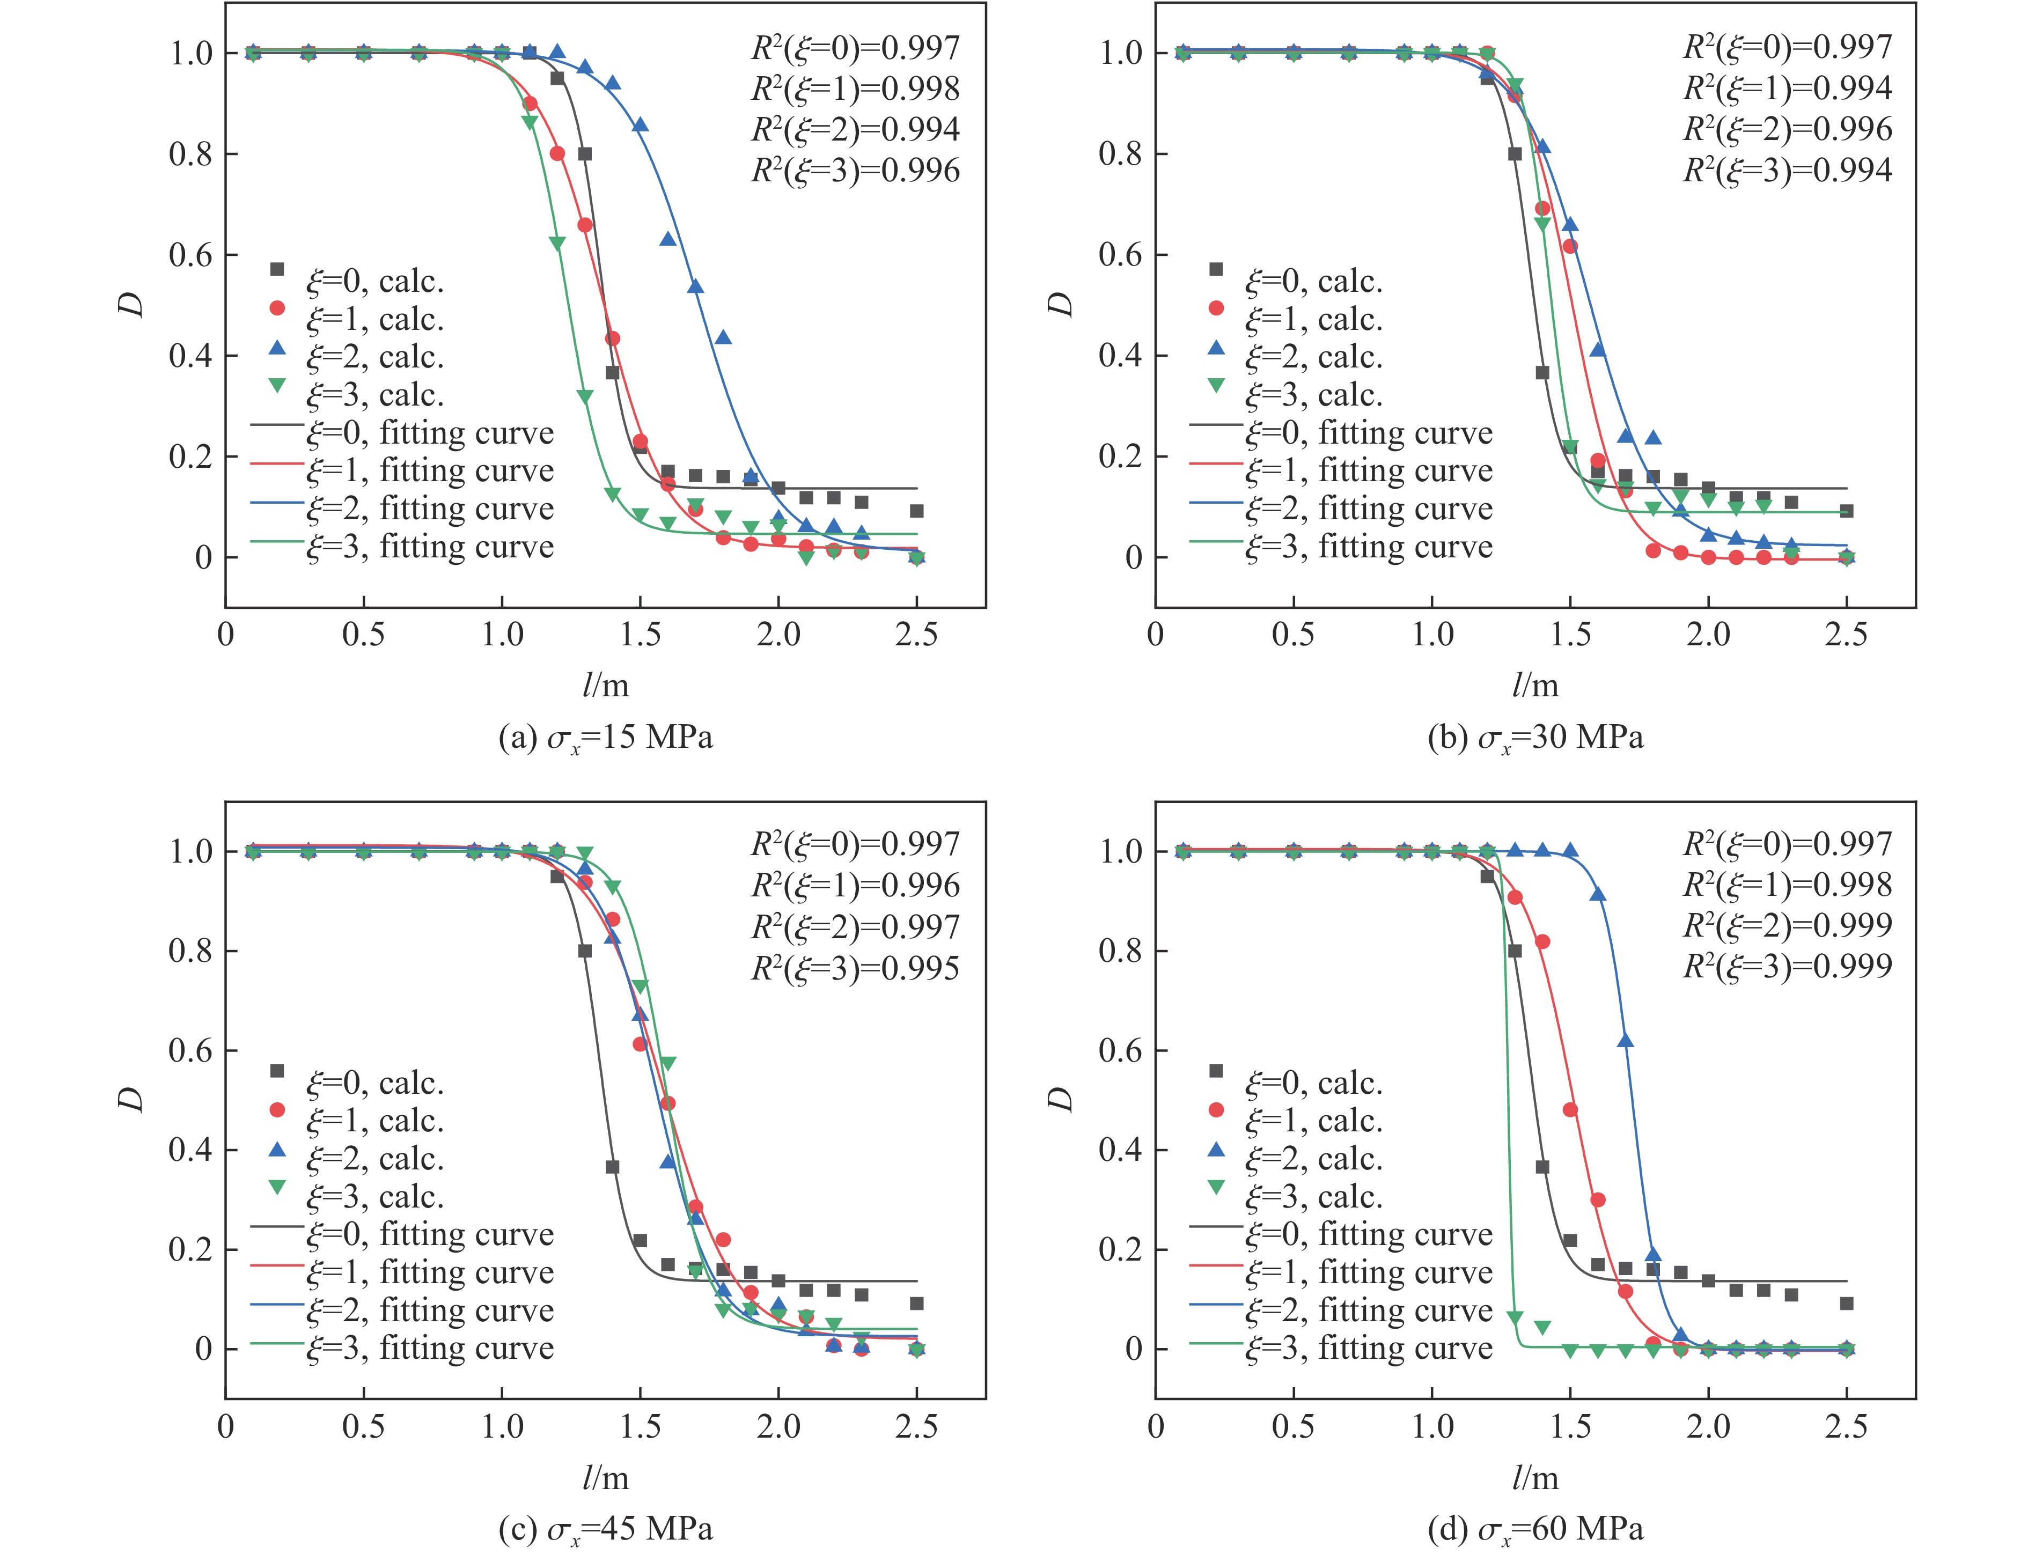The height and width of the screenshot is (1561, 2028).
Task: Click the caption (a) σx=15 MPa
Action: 605,738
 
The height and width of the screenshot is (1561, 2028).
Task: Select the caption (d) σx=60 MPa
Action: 1535,1528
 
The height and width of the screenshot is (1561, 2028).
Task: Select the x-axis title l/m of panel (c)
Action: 605,1477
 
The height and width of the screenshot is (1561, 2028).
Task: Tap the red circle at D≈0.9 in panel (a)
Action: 530,103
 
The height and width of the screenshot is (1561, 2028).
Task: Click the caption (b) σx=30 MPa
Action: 1535,738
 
